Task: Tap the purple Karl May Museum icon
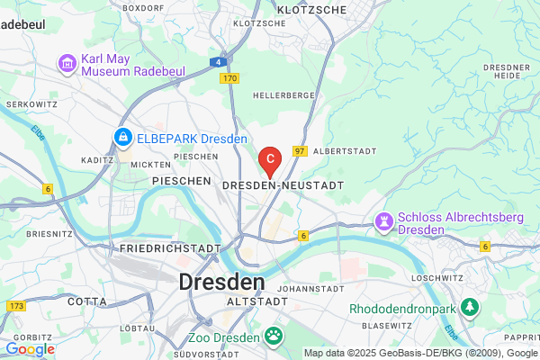click(x=66, y=64)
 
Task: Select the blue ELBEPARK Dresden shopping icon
click(x=121, y=138)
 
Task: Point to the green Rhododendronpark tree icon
click(x=469, y=308)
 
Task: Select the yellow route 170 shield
click(x=229, y=79)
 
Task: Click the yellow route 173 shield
click(x=15, y=308)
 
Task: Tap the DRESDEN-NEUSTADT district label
click(x=283, y=184)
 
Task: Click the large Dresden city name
click(x=222, y=281)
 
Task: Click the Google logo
click(x=29, y=349)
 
